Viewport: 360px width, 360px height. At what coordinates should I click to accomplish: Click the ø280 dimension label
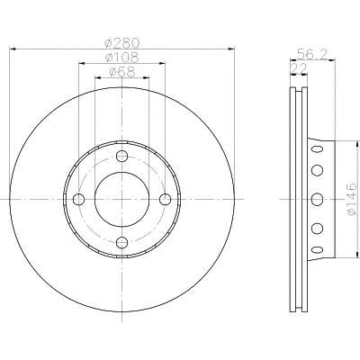pyautogui.click(x=122, y=43)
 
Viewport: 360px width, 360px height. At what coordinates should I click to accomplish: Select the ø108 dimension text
pyautogui.click(x=122, y=58)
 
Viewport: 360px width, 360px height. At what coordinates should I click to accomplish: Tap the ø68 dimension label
pyautogui.click(x=122, y=72)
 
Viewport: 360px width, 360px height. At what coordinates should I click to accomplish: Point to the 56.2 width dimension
pyautogui.click(x=310, y=55)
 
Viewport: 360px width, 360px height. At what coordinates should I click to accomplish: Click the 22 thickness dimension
pyautogui.click(x=299, y=69)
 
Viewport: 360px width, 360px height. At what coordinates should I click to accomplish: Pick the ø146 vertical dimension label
pyautogui.click(x=352, y=200)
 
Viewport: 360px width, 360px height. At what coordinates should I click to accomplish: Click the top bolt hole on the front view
pyautogui.click(x=121, y=156)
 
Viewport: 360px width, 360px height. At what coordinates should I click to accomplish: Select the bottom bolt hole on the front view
pyautogui.click(x=121, y=242)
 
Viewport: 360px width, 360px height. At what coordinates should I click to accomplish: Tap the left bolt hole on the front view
pyautogui.click(x=79, y=199)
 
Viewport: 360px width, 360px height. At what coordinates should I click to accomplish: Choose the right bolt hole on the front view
pyautogui.click(x=165, y=199)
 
